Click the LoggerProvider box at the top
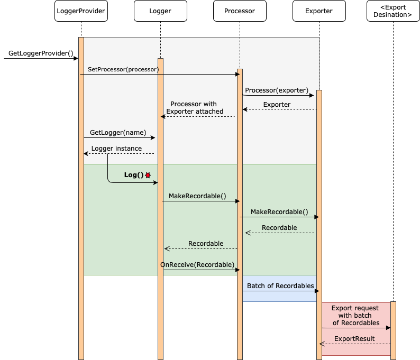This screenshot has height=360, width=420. [x=81, y=11]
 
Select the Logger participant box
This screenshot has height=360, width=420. [x=160, y=11]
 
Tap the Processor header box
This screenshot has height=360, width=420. [x=240, y=11]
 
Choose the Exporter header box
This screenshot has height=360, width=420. [x=319, y=11]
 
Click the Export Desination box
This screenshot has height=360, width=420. [x=393, y=11]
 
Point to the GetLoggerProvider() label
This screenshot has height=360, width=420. [x=41, y=53]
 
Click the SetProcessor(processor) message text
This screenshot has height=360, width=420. [x=123, y=69]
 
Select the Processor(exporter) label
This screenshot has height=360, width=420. [x=277, y=90]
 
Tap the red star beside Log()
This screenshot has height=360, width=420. [x=148, y=175]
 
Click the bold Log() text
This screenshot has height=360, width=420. [x=134, y=175]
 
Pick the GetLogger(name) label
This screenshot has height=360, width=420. [x=118, y=133]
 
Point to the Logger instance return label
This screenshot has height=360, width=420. [x=116, y=149]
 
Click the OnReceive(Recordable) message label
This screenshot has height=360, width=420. [x=197, y=264]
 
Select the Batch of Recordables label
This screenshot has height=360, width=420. [x=280, y=286]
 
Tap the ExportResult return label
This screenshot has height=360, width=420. [x=354, y=339]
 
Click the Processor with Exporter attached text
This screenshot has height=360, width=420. [x=194, y=108]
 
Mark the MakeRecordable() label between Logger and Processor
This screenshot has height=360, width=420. [x=197, y=196]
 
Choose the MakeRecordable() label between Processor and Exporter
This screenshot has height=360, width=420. [x=279, y=212]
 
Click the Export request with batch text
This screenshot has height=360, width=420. [x=355, y=315]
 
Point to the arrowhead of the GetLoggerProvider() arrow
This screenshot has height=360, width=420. [x=76, y=59]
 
